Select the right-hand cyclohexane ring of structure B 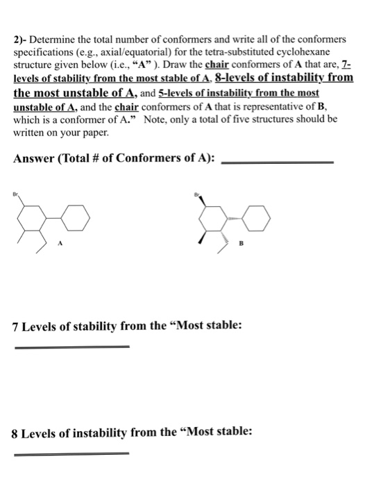tap(260, 215)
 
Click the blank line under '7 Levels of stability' tap(71, 345)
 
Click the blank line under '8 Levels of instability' tap(71, 453)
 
